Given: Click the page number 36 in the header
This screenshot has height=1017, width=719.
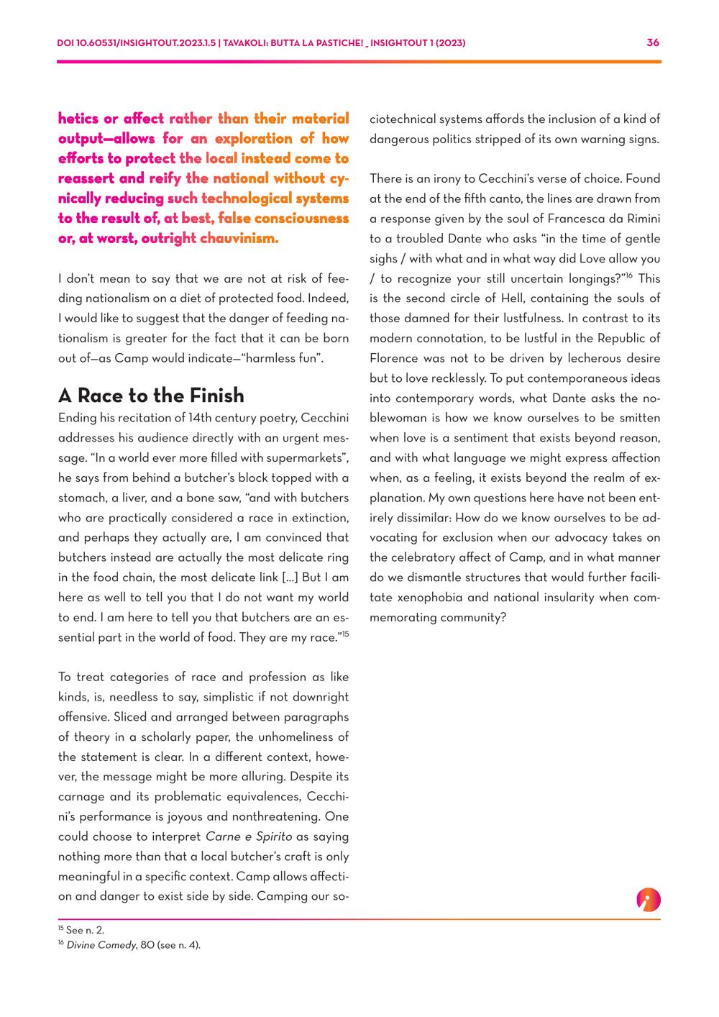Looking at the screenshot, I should (x=653, y=42).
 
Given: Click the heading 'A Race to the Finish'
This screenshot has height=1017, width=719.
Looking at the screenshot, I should (x=151, y=396).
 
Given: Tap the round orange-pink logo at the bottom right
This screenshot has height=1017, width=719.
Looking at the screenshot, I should (x=648, y=900).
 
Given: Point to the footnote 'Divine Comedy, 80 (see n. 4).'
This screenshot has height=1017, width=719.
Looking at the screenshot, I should (x=134, y=945).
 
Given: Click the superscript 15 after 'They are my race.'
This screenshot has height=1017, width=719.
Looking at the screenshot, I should (x=345, y=634).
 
